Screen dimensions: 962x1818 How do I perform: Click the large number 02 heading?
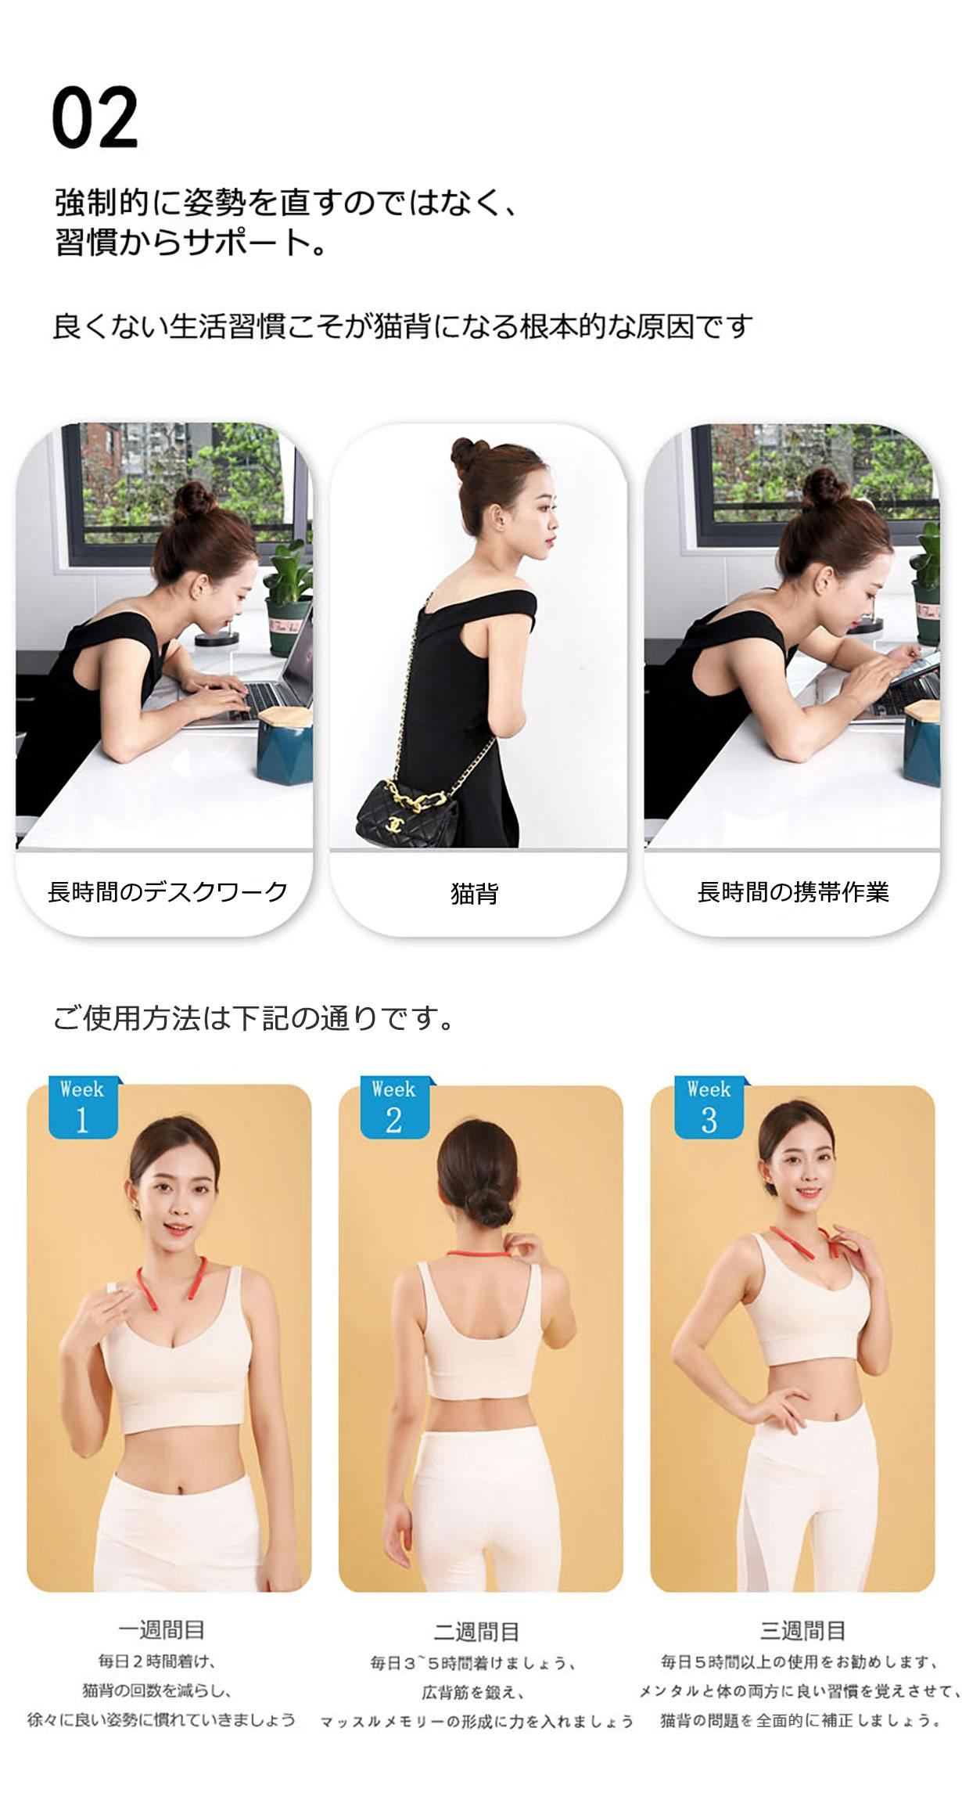click(x=95, y=117)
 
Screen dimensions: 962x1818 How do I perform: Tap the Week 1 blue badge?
click(x=83, y=1107)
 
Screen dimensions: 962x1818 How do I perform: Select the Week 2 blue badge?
click(x=394, y=1107)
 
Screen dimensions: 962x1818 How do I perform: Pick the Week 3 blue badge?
click(x=709, y=1107)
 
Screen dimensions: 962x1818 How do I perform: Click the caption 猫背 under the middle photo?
click(x=475, y=893)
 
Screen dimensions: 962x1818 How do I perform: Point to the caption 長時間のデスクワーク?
click(x=167, y=891)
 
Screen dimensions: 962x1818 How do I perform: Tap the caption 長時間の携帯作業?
click(x=793, y=891)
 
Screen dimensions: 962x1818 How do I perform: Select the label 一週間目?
click(x=162, y=1631)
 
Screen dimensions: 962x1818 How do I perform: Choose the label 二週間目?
click(x=476, y=1632)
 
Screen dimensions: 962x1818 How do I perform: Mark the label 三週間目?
click(x=802, y=1631)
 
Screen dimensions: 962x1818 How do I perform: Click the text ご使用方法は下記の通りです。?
click(x=254, y=1018)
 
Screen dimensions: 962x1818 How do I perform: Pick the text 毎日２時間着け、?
click(x=157, y=1661)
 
